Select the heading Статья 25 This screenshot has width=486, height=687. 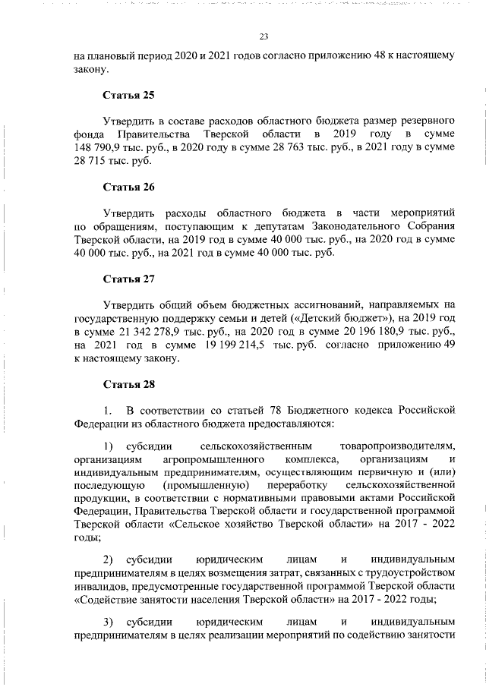(128, 96)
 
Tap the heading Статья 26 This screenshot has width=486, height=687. (128, 187)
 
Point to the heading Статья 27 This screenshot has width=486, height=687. (128, 279)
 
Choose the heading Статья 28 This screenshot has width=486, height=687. (128, 384)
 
